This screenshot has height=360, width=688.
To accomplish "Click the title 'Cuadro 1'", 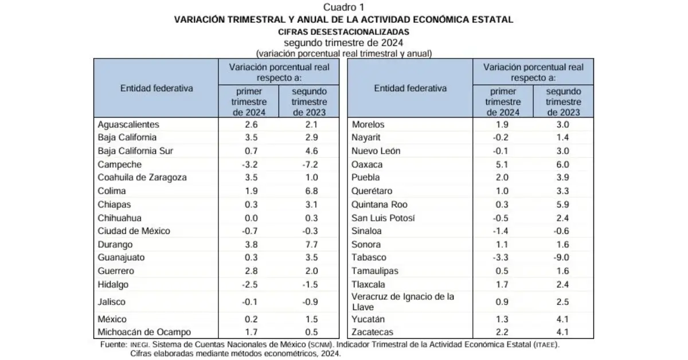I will (x=343, y=7).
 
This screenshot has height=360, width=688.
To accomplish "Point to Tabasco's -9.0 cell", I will (x=564, y=257).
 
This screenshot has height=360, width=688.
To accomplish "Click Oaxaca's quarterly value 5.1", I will (x=503, y=164).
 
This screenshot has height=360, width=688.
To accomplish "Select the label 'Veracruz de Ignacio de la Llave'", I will (x=402, y=302).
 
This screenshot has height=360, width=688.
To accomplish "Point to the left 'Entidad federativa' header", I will (x=156, y=88).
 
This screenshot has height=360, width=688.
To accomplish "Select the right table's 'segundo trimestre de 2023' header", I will (x=564, y=101).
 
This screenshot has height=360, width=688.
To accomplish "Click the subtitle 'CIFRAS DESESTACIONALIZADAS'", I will (x=343, y=32).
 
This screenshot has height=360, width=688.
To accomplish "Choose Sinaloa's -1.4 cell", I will (x=503, y=231).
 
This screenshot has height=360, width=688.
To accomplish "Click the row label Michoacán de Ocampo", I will (x=144, y=332).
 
